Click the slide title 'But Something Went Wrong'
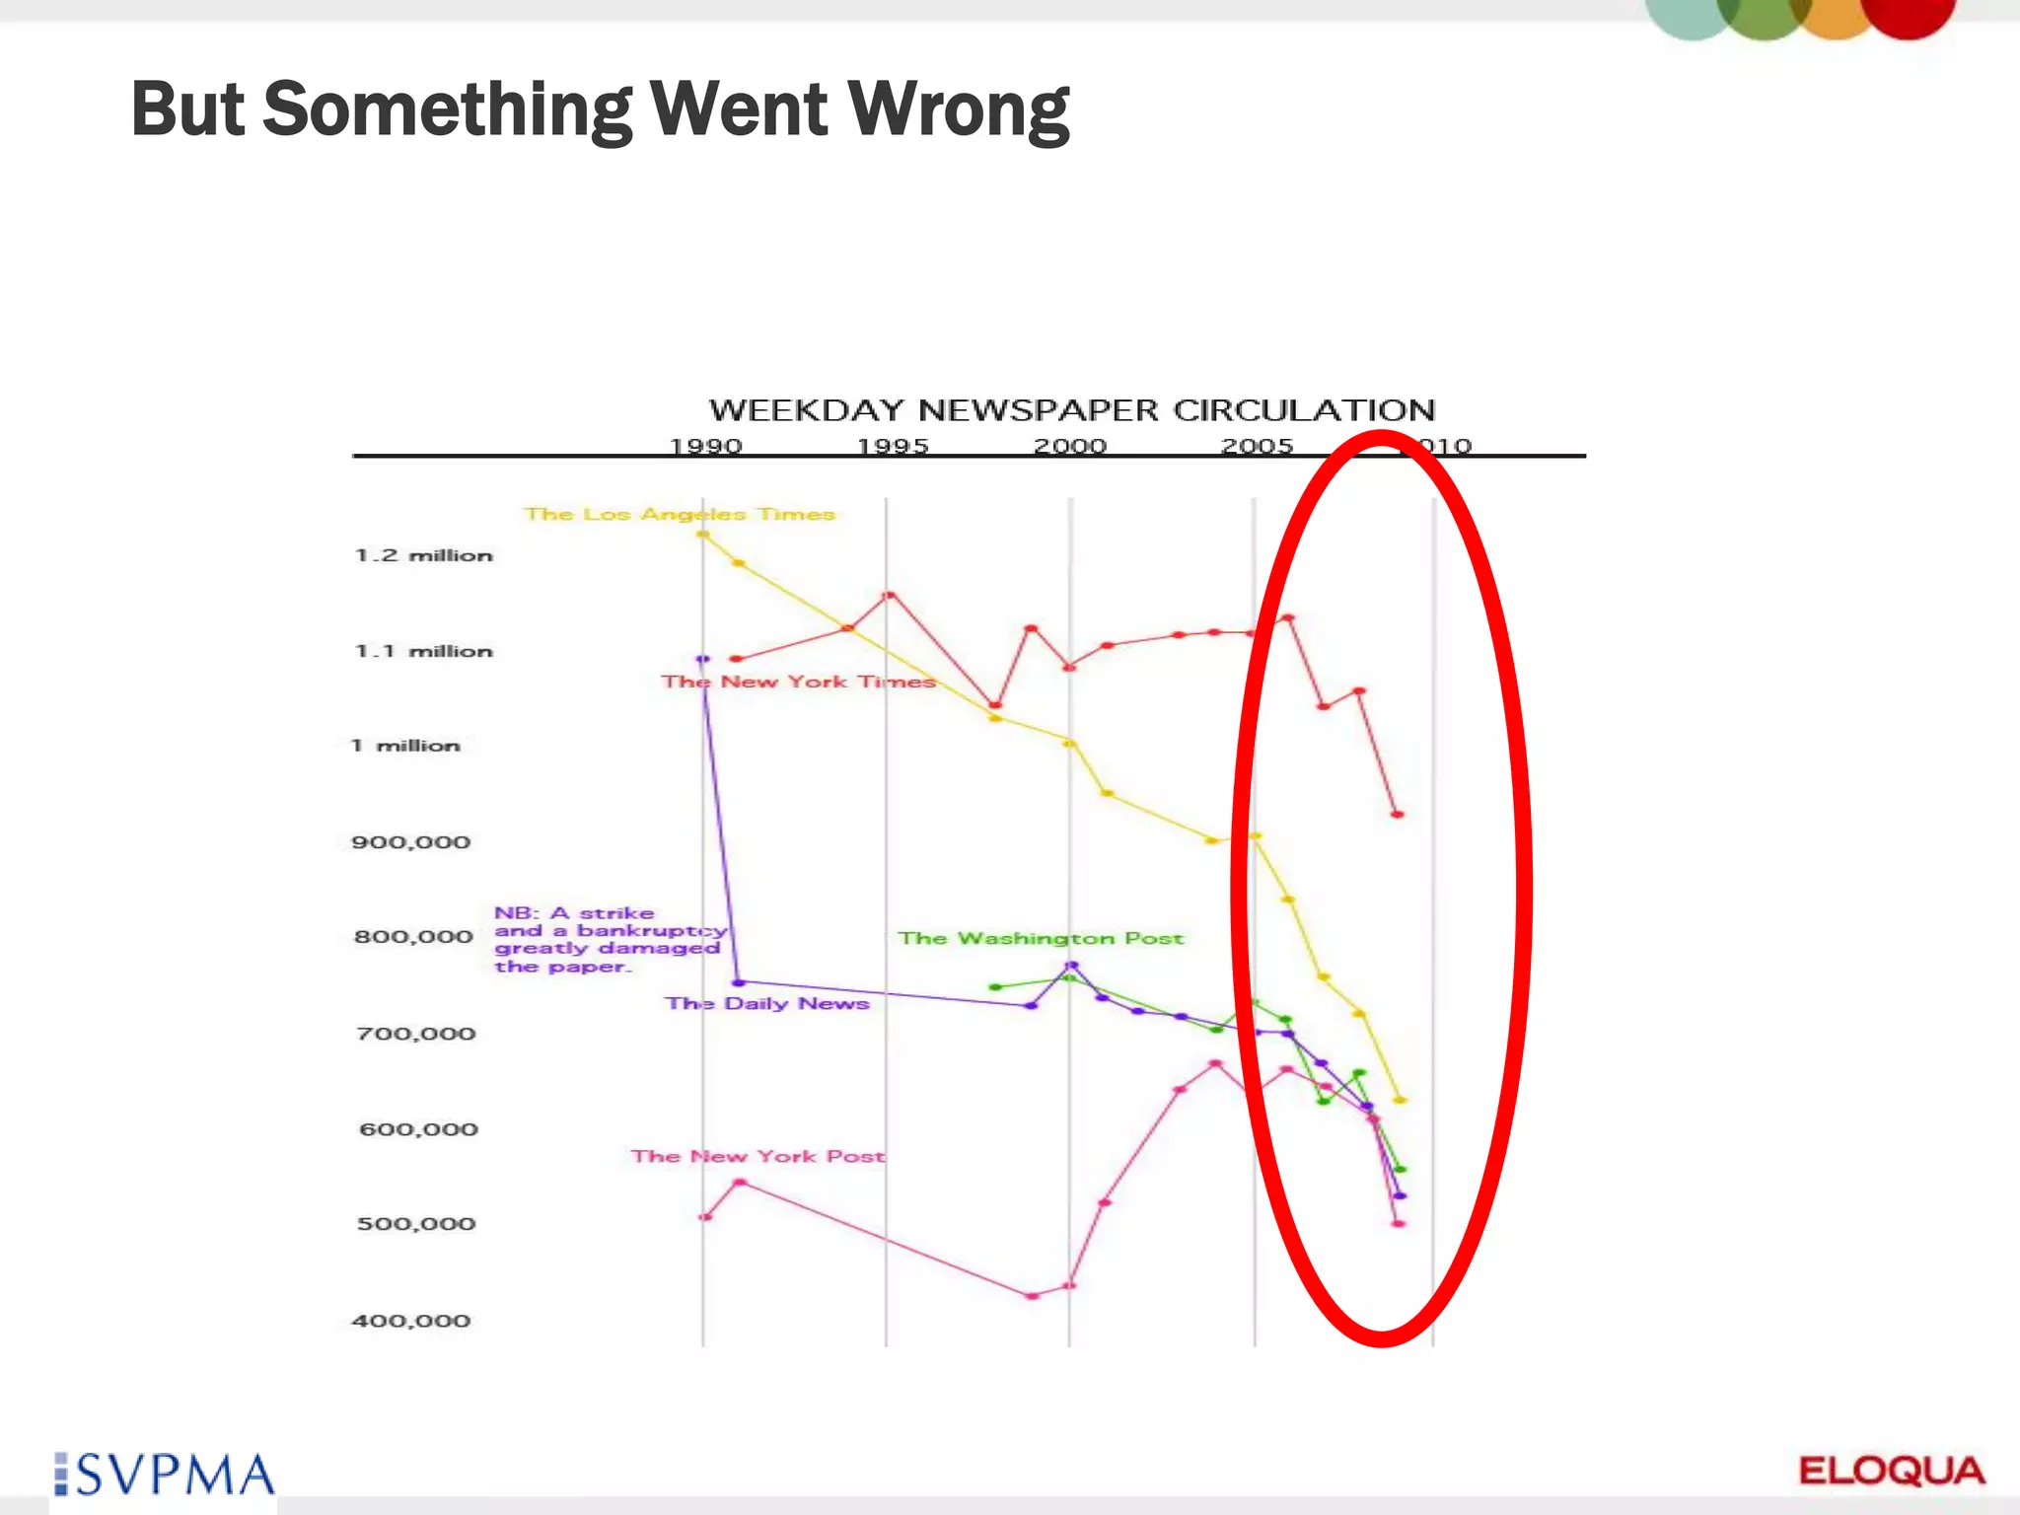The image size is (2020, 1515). [600, 108]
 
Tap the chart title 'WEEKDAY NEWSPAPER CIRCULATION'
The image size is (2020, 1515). [1071, 410]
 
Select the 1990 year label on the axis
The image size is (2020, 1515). [705, 447]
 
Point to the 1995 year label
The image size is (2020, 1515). [892, 447]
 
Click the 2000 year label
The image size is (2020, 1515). [1069, 447]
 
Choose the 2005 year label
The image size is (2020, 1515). [1257, 447]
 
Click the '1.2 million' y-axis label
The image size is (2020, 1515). [423, 555]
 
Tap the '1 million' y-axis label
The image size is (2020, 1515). [405, 746]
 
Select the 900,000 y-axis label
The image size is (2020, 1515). [410, 842]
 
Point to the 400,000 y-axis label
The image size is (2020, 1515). [410, 1321]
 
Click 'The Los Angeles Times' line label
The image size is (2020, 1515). [679, 514]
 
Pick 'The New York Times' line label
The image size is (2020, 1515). [797, 682]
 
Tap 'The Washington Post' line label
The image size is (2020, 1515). [1040, 938]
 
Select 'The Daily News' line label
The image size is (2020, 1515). [766, 1003]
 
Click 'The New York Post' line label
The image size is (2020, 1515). [757, 1156]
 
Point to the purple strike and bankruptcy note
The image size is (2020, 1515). [610, 939]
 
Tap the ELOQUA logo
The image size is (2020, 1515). [1891, 1472]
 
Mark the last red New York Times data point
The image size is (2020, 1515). [1397, 815]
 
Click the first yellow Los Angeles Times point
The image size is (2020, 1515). [703, 535]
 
